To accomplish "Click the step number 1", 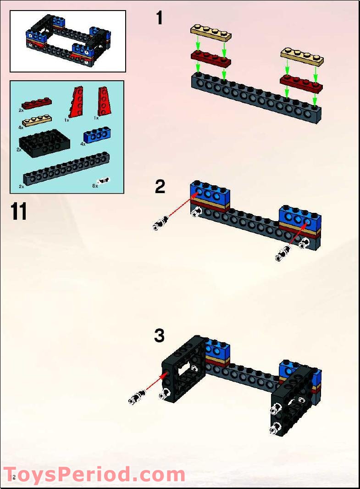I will tap(159, 19).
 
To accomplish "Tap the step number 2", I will tap(160, 187).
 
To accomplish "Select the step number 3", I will tap(159, 335).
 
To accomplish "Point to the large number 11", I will tap(19, 211).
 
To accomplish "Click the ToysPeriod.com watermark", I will tap(94, 474).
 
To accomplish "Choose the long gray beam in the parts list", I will tap(66, 169).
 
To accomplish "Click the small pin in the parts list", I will tap(104, 181).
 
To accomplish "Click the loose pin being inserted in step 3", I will tap(137, 397).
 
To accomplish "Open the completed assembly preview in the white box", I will tap(68, 41).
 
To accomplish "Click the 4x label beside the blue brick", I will tap(83, 144).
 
